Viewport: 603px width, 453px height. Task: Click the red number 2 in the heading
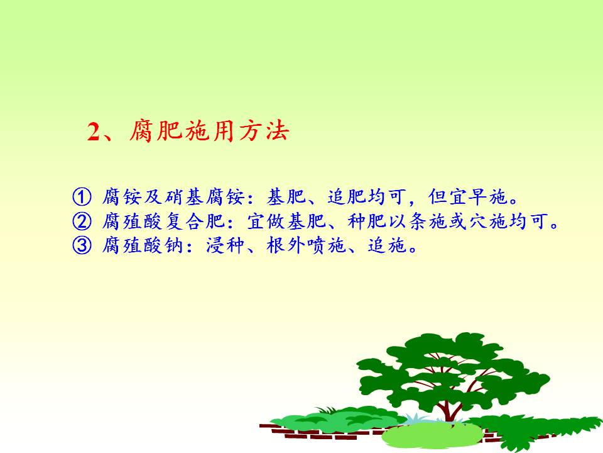[94, 131]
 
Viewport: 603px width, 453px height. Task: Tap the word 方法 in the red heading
[264, 131]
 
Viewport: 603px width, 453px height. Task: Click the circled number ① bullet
[82, 196]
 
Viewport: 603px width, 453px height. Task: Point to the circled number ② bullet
[82, 221]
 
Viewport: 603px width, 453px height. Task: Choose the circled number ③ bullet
[82, 245]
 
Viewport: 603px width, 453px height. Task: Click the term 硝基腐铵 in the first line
[205, 196]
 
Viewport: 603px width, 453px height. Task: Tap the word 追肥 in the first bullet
[347, 196]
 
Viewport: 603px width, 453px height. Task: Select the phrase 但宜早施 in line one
[468, 196]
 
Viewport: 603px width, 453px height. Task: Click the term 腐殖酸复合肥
[163, 221]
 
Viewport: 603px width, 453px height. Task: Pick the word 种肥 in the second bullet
[367, 221]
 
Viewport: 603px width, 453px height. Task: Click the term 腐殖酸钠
[143, 245]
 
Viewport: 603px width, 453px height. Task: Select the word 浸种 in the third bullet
[225, 245]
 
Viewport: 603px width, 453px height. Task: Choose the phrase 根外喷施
[306, 245]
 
